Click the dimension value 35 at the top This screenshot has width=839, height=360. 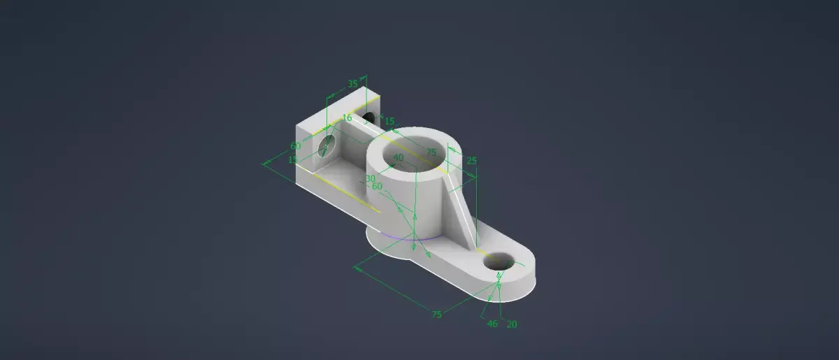pos(352,84)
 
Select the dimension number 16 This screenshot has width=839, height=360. pos(347,117)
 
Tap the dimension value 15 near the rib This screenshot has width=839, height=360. pos(389,121)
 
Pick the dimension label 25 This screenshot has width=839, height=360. pos(471,161)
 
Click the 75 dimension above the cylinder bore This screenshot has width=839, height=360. pos(431,152)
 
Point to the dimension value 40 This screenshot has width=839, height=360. pos(398,159)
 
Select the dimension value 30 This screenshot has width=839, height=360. pos(371,178)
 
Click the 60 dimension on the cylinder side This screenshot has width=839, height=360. pos(377,187)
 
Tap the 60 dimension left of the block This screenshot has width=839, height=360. pos(296,145)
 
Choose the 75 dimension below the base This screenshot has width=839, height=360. pos(436,315)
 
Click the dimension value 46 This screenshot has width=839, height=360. pos(492,324)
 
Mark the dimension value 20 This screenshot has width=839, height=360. pos(511,324)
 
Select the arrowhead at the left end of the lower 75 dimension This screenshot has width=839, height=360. pos(357,266)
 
